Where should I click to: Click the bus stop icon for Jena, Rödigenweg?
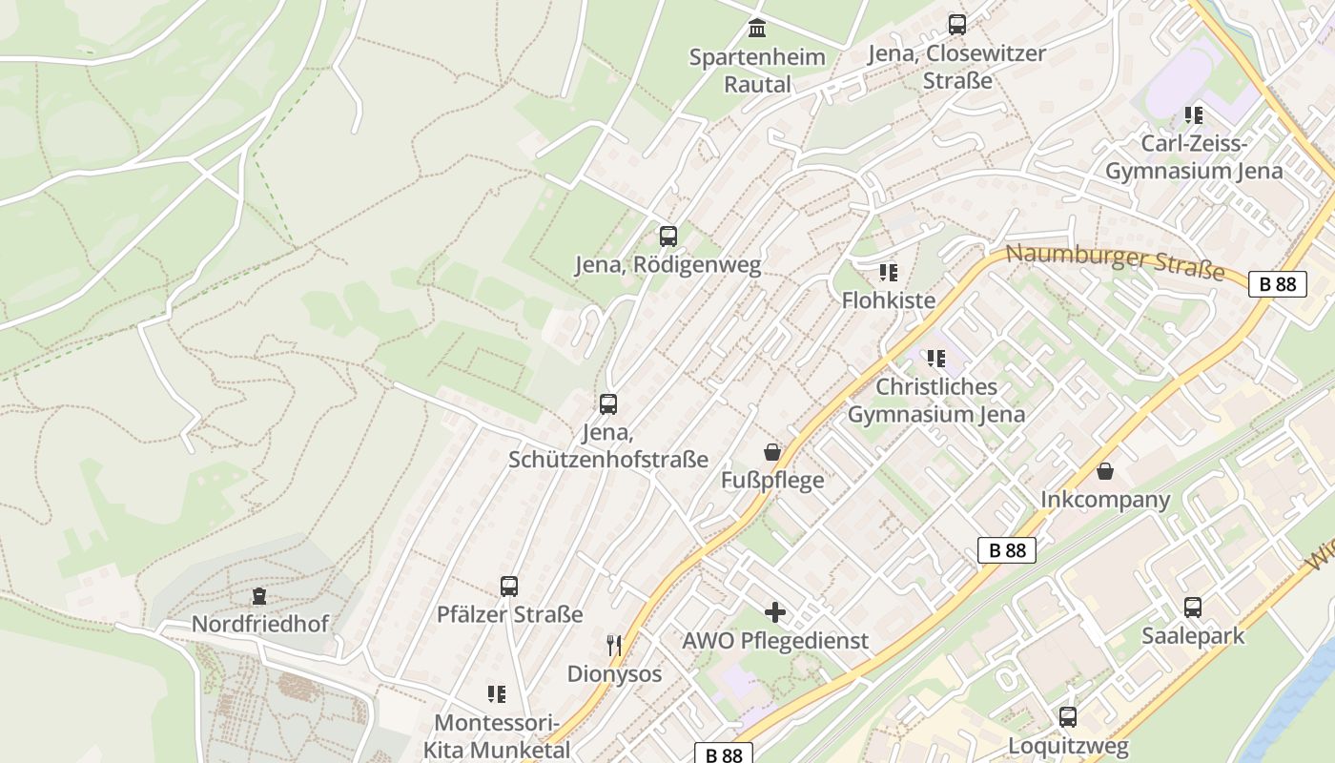(667, 236)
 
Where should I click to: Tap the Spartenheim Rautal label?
(757, 71)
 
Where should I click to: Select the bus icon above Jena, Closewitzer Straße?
(956, 25)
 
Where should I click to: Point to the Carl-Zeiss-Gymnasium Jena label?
(1194, 157)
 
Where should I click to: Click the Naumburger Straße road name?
(1115, 261)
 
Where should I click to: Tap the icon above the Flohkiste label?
(889, 273)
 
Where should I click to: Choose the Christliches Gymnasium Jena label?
(936, 401)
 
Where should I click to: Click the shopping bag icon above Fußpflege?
(772, 451)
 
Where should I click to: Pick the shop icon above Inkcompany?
(1105, 471)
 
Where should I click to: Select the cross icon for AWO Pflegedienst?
(775, 612)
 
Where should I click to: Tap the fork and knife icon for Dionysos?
(614, 646)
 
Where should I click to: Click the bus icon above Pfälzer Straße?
(509, 587)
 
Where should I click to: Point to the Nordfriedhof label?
(259, 624)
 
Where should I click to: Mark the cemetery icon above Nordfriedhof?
(258, 597)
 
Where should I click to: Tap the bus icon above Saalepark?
(1193, 608)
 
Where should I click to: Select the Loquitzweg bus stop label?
(1068, 745)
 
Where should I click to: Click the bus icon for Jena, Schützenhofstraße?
(608, 404)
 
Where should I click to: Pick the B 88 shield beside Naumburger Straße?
(1277, 284)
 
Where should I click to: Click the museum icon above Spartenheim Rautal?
(757, 29)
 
